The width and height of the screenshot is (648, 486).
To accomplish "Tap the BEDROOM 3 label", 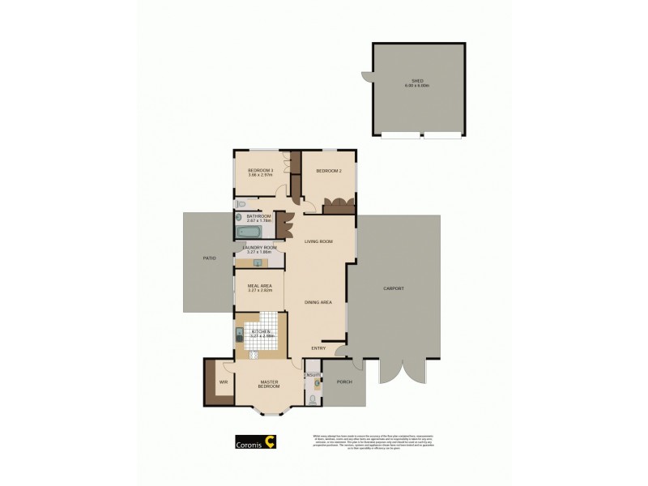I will (260, 170).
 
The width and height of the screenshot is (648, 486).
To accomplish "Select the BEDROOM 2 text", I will (326, 171).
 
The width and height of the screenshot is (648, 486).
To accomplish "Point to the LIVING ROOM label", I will (319, 241).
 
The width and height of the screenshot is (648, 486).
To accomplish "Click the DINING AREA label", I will (318, 302).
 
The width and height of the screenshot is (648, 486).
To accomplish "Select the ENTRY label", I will (319, 348).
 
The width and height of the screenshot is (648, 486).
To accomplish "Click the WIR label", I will (222, 382).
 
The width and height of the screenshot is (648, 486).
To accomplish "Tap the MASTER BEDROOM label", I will (268, 384).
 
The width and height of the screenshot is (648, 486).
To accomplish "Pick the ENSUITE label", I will (313, 375).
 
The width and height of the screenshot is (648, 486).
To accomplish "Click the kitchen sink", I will (241, 332).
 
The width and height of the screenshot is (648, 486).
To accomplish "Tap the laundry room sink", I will (257, 262).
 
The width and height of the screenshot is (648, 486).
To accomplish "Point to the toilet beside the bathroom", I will (241, 204).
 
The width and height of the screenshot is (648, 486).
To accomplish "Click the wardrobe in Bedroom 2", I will (338, 206).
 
